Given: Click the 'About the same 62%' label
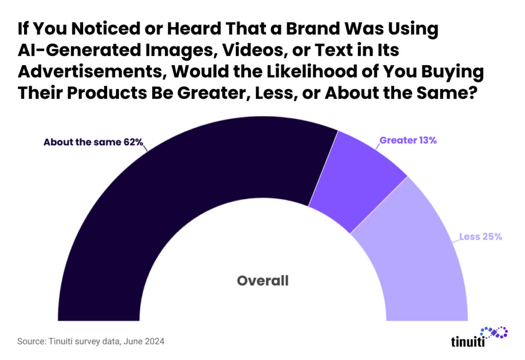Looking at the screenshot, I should coord(93,142).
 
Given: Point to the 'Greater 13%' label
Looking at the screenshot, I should coord(408,140).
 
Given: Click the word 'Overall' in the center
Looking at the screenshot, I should coord(262,281).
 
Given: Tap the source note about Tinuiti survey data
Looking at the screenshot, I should coord(91,341).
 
